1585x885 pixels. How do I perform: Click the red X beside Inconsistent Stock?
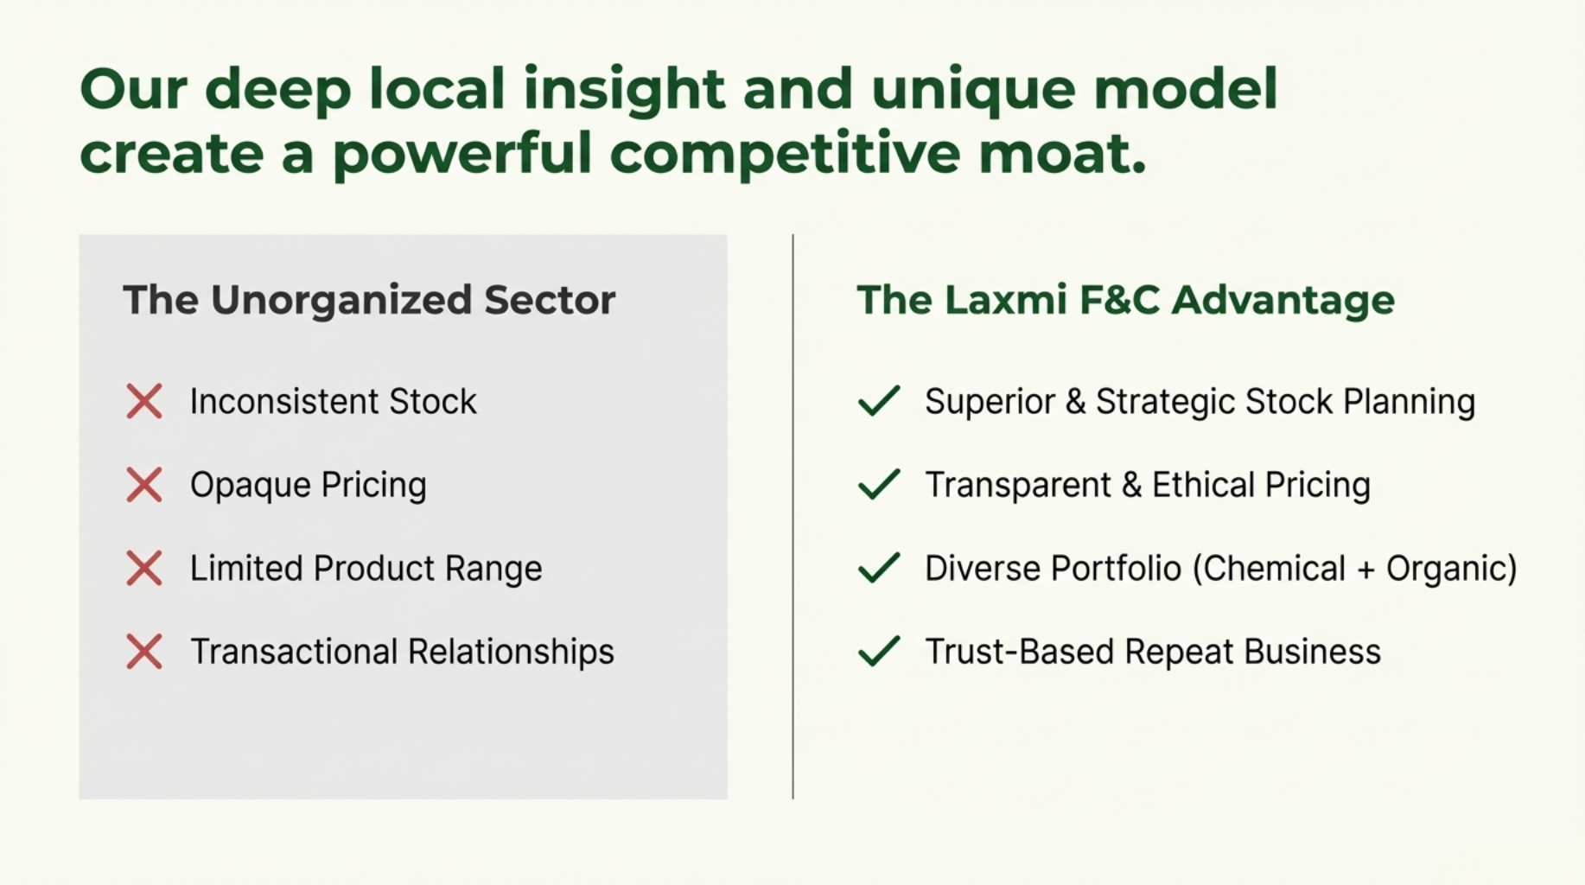click(x=144, y=402)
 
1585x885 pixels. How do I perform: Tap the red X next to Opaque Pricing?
click(x=144, y=485)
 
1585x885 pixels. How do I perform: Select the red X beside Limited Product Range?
click(x=144, y=569)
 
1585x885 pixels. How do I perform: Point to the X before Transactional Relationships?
click(x=144, y=652)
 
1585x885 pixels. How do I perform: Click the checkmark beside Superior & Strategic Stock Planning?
click(x=879, y=401)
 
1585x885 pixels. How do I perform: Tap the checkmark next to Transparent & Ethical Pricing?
click(x=879, y=484)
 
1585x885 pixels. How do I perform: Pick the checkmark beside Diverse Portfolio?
click(x=879, y=568)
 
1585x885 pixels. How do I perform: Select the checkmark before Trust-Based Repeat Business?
click(x=879, y=651)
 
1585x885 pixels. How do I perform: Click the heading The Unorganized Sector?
click(x=369, y=300)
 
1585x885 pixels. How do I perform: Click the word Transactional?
click(x=293, y=652)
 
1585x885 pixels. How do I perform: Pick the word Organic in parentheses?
click(x=1452, y=570)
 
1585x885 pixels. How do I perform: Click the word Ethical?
click(x=1203, y=485)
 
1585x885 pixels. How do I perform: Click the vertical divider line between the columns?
click(x=792, y=516)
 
